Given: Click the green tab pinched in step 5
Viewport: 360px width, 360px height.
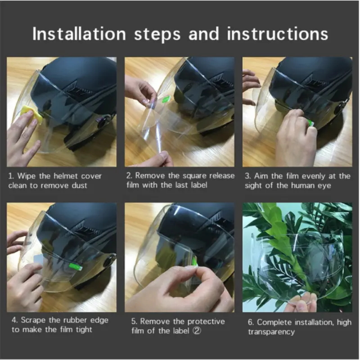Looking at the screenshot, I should pyautogui.click(x=194, y=261).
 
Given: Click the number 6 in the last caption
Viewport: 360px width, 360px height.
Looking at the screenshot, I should pyautogui.click(x=251, y=322).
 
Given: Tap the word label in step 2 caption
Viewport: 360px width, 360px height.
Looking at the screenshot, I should pyautogui.click(x=198, y=185).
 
